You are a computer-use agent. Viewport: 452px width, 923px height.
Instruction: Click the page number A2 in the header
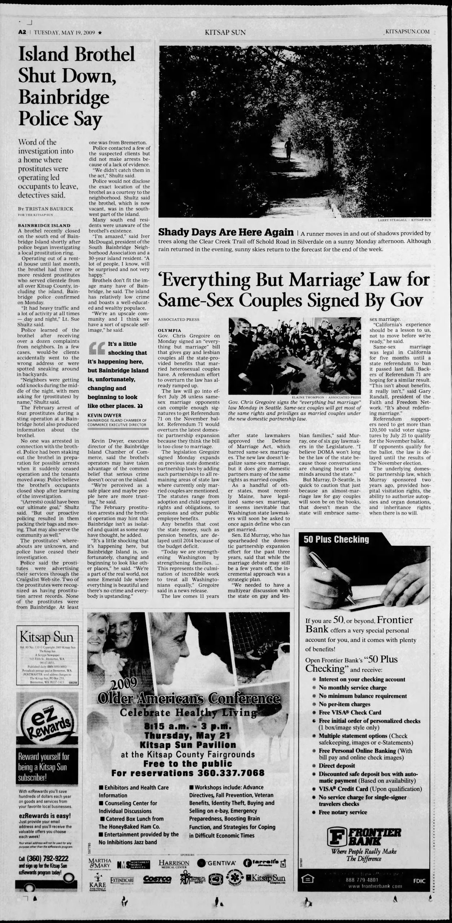click(23, 32)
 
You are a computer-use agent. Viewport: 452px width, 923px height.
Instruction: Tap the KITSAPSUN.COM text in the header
click(407, 32)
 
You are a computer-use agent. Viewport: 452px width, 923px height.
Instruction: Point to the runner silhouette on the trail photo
click(288, 149)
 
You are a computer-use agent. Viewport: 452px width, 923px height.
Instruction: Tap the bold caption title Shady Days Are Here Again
click(226, 233)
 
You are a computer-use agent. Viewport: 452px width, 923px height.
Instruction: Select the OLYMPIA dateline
click(169, 330)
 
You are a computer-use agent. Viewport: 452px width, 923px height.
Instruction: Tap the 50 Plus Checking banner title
click(336, 539)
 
